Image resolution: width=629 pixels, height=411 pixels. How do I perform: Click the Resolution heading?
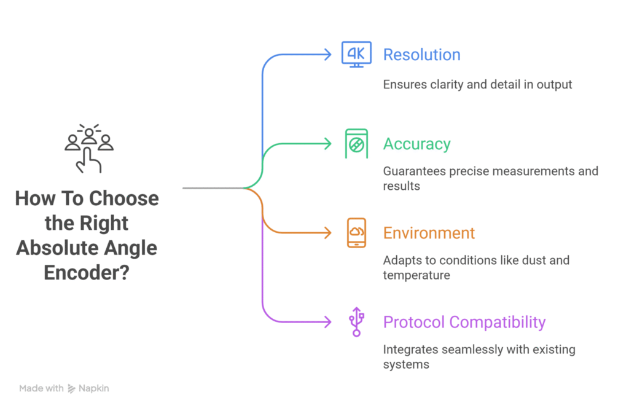click(421, 55)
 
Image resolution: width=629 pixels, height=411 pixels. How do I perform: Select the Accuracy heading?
click(416, 144)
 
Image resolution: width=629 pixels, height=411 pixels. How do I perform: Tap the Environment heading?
click(429, 233)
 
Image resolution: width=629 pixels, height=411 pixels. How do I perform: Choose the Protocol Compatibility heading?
click(464, 322)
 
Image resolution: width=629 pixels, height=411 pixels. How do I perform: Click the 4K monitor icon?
click(356, 55)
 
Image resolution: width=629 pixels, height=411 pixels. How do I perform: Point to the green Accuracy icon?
click(356, 144)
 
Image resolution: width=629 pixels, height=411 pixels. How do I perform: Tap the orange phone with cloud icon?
click(356, 233)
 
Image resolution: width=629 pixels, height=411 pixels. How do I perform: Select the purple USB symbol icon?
click(356, 322)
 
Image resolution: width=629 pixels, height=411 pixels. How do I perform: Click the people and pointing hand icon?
click(89, 147)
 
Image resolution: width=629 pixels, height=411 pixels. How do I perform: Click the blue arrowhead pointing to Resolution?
click(328, 55)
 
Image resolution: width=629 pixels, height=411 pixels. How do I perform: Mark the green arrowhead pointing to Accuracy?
click(328, 144)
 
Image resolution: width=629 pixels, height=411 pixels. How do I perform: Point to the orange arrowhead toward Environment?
click(328, 233)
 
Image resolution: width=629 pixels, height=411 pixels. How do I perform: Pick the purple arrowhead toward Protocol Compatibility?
click(328, 322)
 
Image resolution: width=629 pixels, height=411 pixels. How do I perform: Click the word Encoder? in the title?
click(87, 272)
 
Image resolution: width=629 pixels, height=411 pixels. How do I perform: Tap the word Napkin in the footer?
click(94, 388)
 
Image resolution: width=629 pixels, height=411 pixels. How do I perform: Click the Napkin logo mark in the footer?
click(71, 388)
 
